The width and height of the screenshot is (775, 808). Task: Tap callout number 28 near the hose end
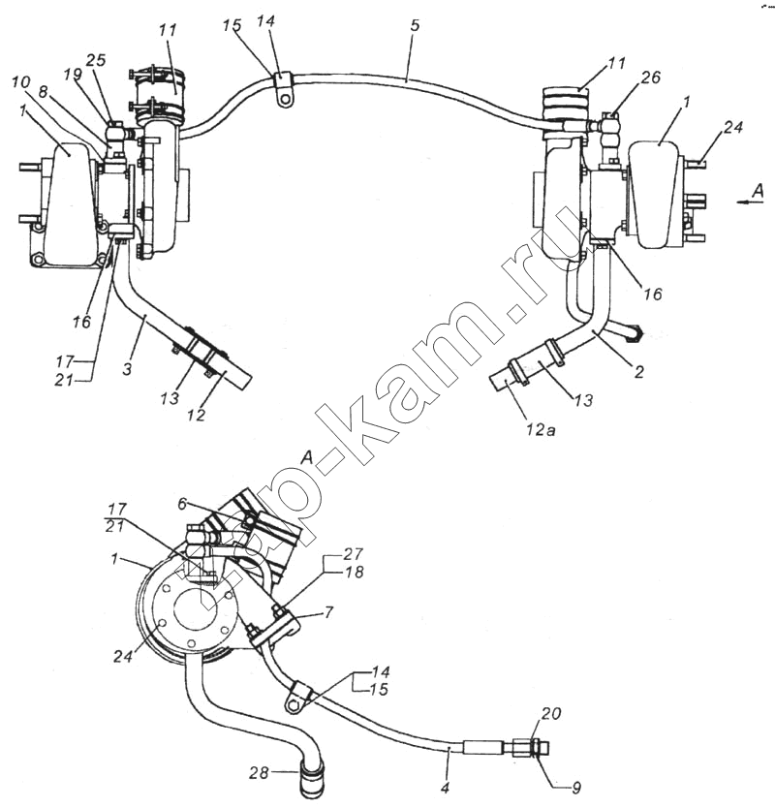point(259,773)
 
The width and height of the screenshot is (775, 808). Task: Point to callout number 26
point(650,78)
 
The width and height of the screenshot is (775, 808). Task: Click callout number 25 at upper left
point(95,60)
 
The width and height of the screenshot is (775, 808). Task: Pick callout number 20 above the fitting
point(551,714)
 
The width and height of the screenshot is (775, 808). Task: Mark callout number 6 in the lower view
point(182,505)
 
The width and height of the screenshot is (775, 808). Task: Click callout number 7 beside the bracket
point(328,612)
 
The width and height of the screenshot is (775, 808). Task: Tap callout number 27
point(354,554)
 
